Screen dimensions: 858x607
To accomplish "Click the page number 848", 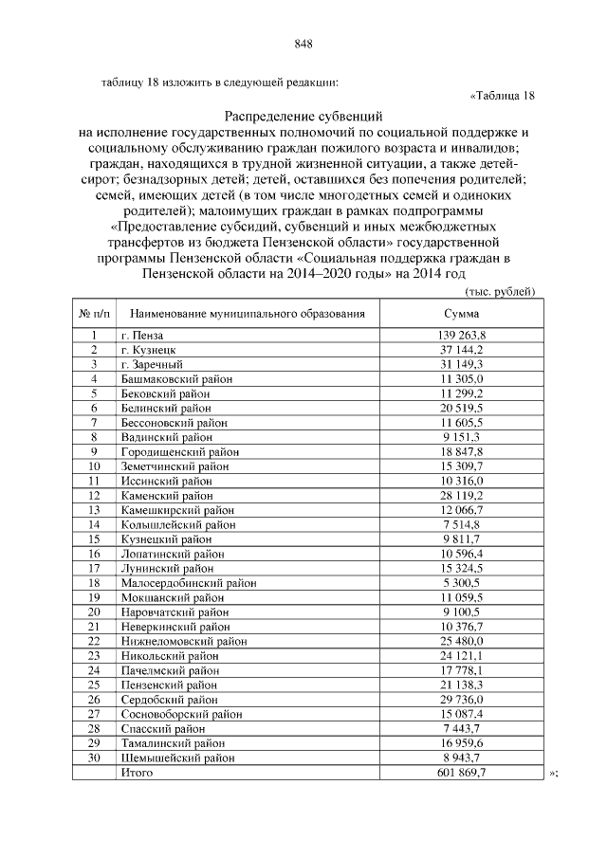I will (303, 44).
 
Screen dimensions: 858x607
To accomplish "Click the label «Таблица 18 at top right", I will (503, 95).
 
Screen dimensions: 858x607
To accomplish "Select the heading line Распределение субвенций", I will (303, 115).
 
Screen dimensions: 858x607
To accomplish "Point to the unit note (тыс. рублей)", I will (504, 291).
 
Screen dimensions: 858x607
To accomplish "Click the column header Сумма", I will (461, 313).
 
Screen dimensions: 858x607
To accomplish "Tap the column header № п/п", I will (94, 313).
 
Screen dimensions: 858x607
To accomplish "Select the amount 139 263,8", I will (461, 337).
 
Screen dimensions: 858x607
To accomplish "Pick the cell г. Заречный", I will (150, 364).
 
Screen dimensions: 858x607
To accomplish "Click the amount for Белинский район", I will (461, 408).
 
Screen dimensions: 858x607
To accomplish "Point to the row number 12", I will (94, 496).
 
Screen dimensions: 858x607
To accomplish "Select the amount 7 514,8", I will (461, 524).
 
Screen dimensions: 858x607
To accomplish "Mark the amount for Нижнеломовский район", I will (461, 641).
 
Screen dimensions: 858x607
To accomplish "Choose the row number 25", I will (94, 685).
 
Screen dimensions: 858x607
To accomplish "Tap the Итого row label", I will (138, 774).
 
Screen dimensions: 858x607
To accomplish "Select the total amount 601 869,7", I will (461, 774).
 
